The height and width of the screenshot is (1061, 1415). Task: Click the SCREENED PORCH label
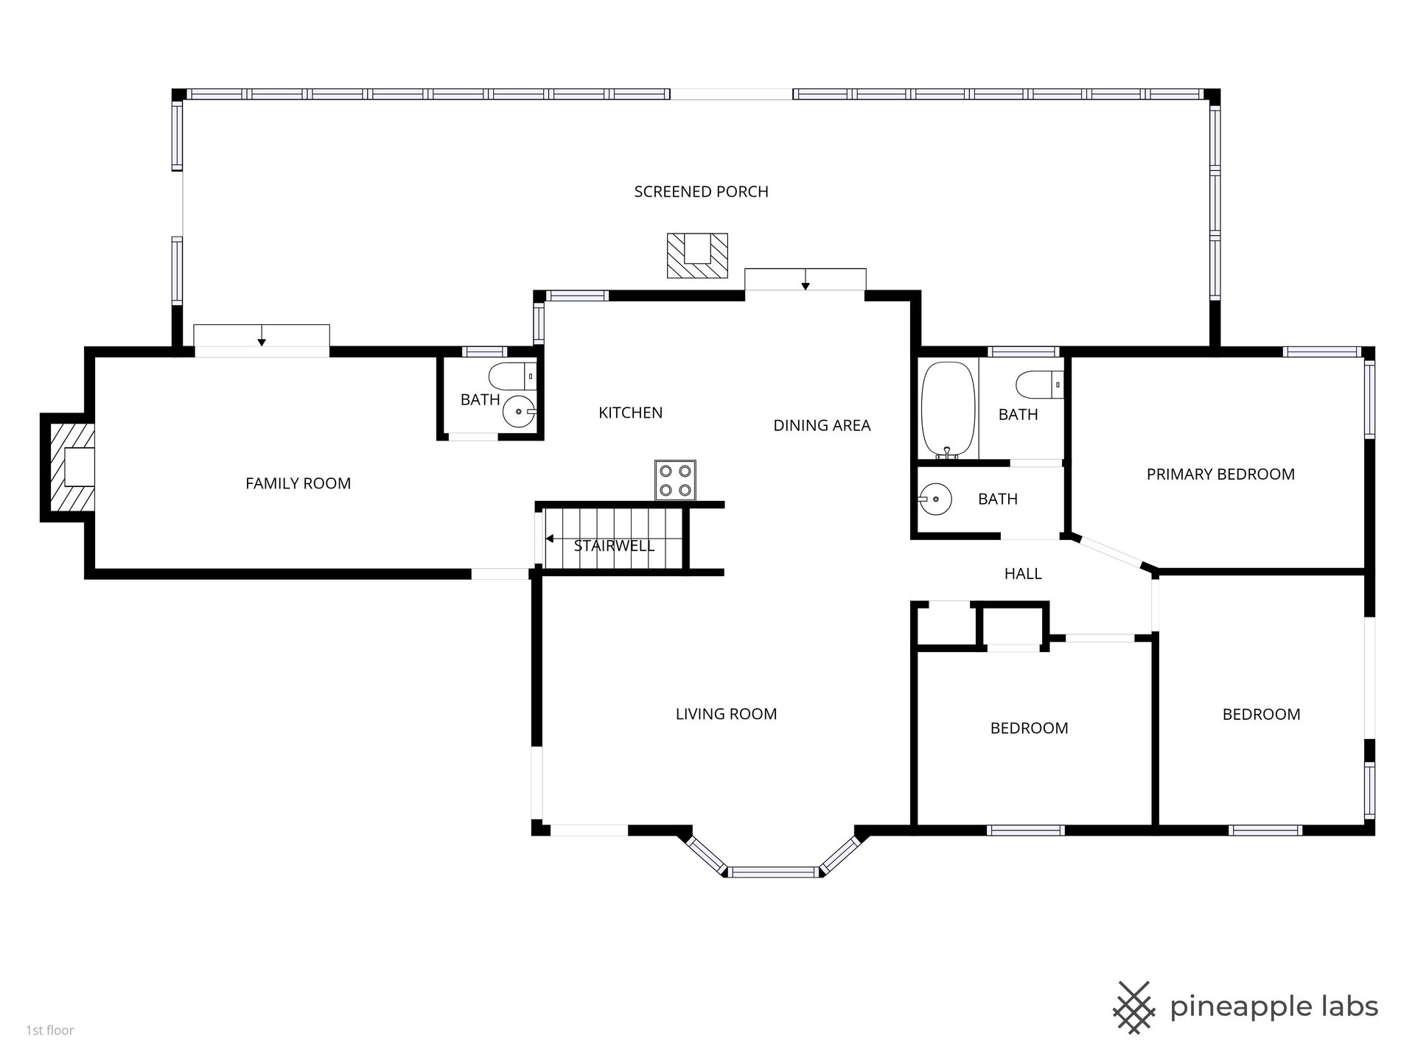pos(701,192)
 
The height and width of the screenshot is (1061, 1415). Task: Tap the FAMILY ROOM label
pos(298,483)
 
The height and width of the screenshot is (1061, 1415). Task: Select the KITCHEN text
pos(630,413)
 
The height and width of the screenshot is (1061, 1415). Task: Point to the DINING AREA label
pos(822,425)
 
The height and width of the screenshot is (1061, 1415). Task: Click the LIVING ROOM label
pos(726,714)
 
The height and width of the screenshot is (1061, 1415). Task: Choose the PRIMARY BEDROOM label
pos(1220,475)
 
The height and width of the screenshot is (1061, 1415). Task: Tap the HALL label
pos(1023,573)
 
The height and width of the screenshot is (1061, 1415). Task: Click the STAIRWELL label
pos(614,546)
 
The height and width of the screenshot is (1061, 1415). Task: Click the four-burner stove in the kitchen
pos(675,480)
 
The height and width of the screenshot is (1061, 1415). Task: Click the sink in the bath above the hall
pos(935,500)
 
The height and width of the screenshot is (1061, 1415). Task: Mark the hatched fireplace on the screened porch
pos(697,256)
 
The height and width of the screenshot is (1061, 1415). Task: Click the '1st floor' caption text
pos(50,1030)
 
